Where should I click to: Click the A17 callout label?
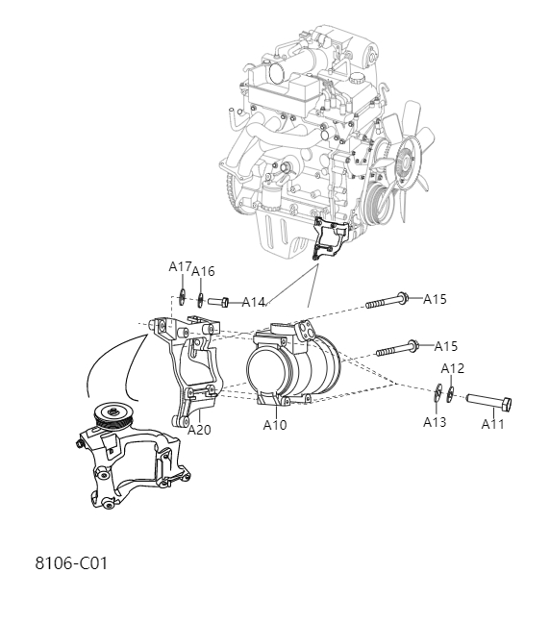pos(181,265)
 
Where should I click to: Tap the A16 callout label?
pos(203,272)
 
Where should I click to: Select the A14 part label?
pos(253,302)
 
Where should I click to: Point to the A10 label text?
pos(274,424)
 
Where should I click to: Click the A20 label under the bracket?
pos(199,430)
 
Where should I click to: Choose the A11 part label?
pos(493,424)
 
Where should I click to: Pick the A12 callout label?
pos(453,368)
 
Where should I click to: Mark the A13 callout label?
pos(435,421)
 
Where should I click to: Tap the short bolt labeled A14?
pos(217,301)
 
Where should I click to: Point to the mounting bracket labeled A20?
pos(187,370)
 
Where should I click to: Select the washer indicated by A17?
pos(182,294)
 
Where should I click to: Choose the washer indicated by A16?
pos(199,297)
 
